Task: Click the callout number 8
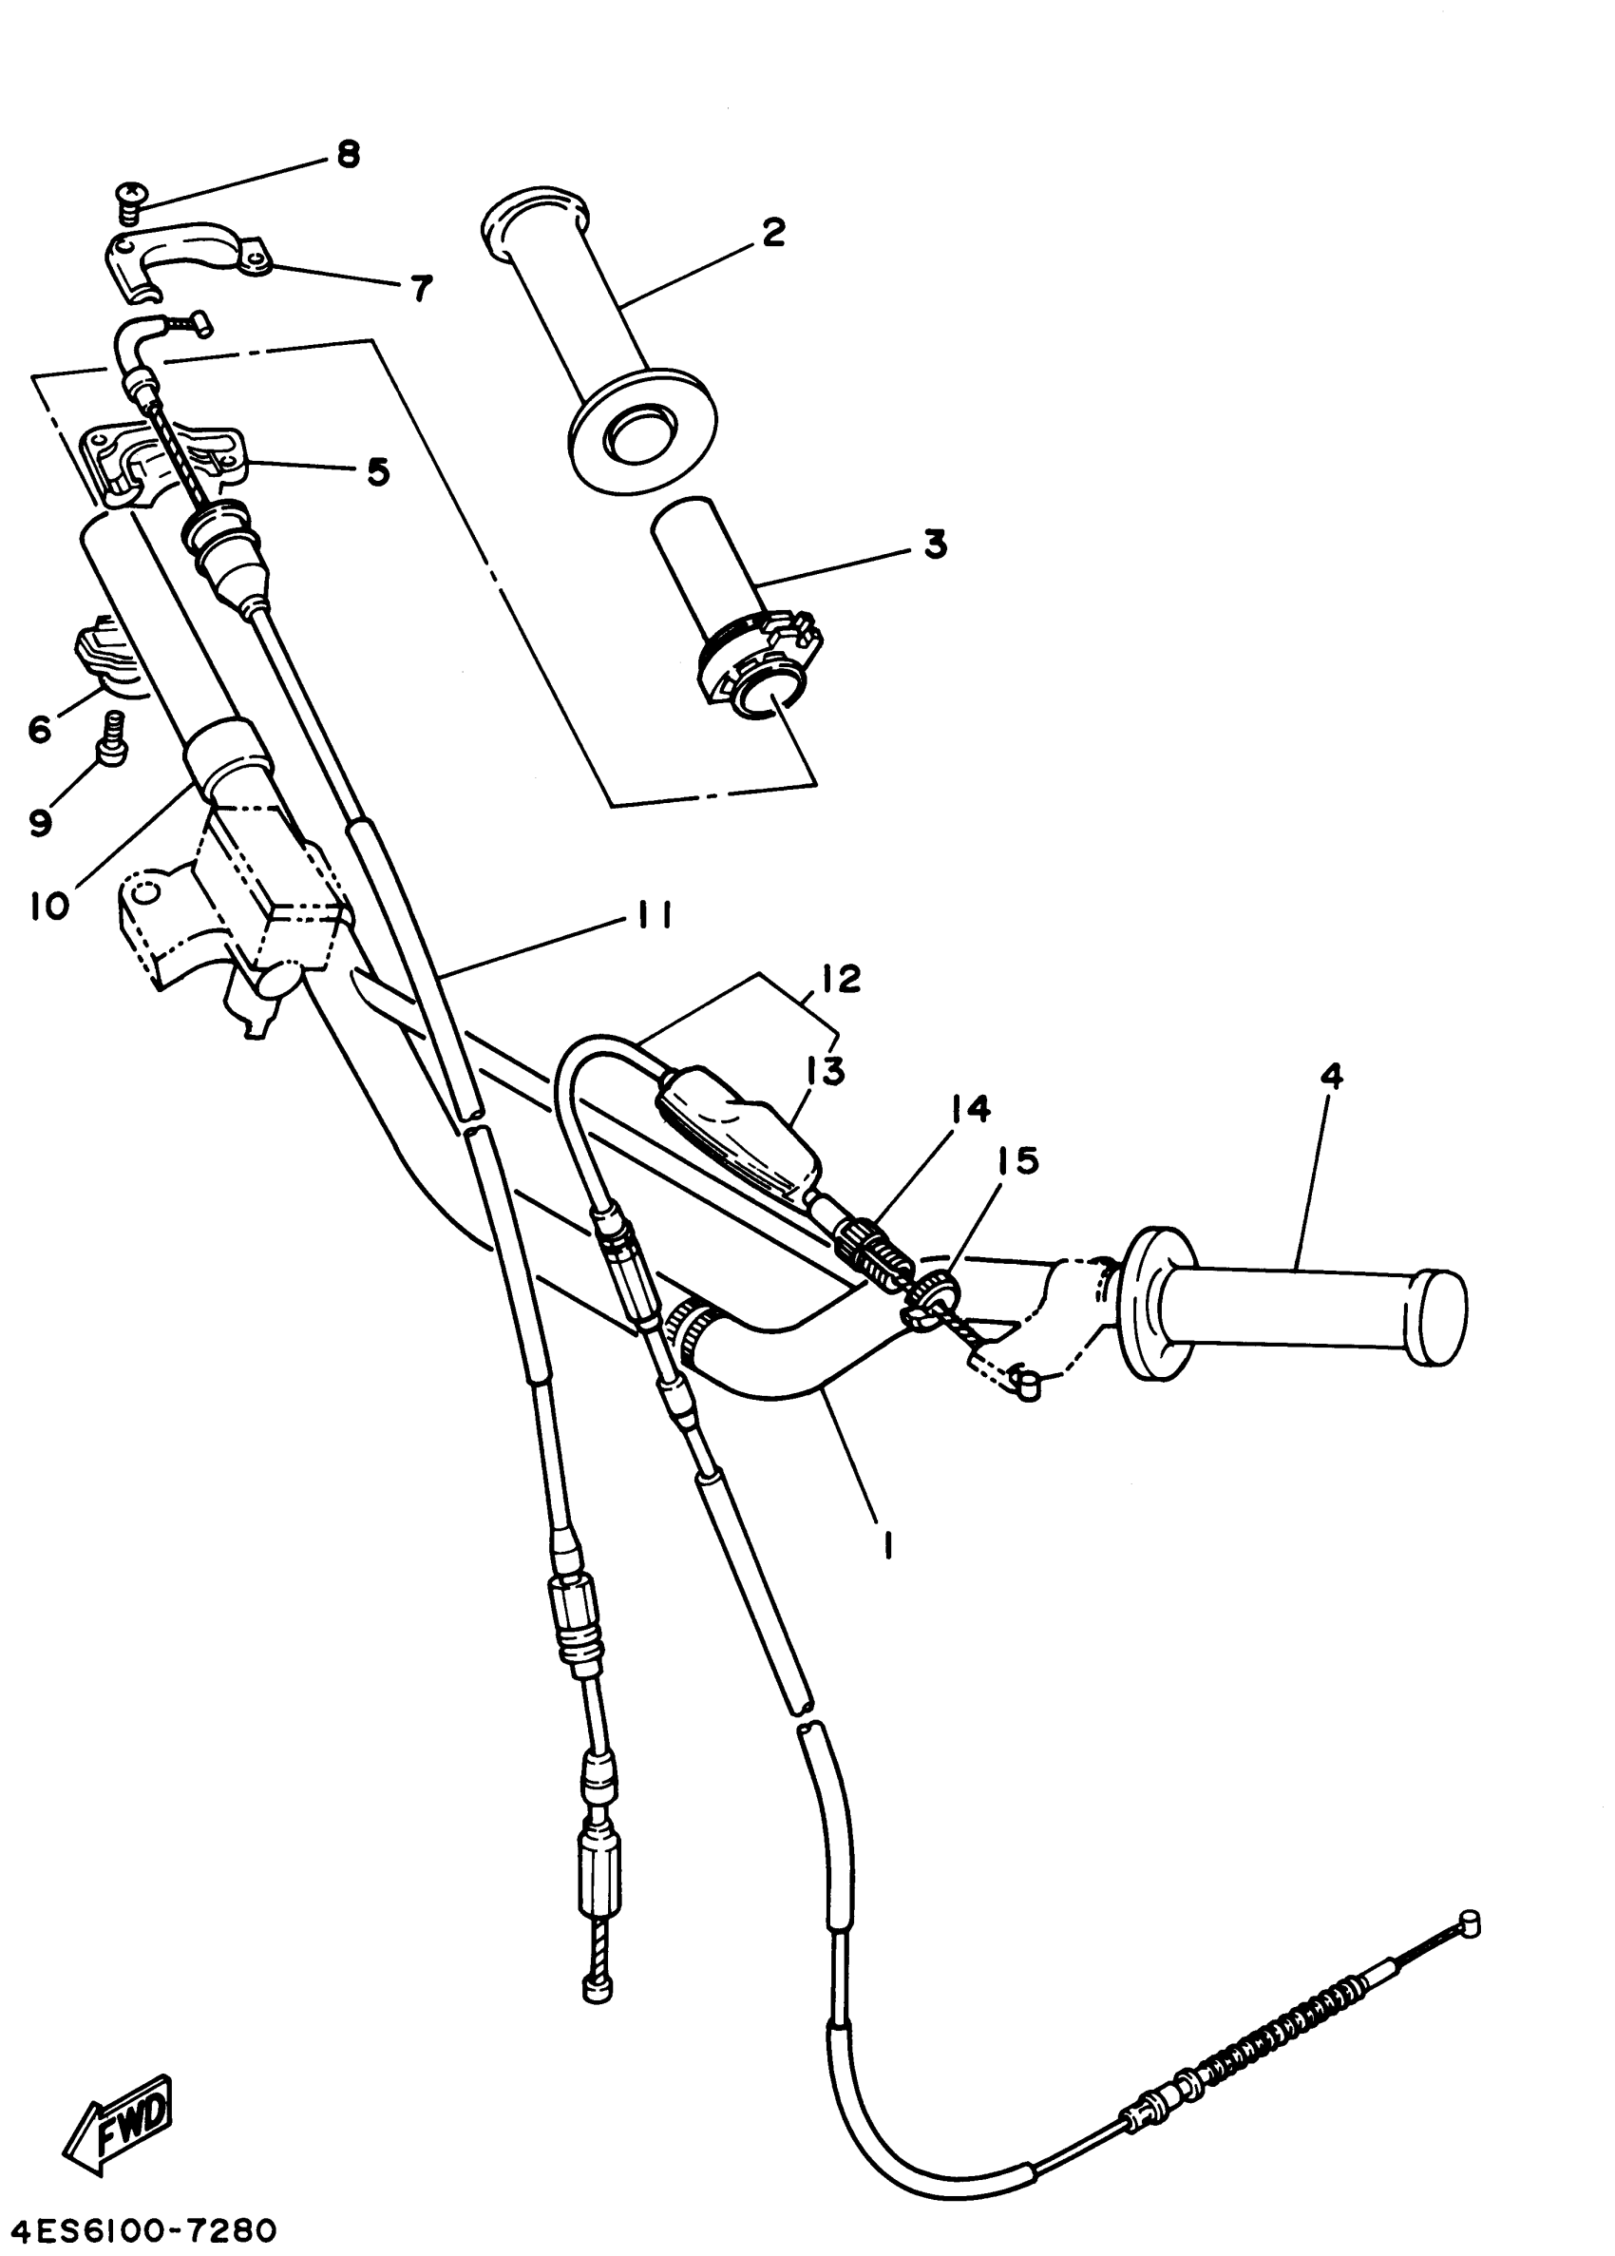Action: (347, 155)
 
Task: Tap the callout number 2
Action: (771, 232)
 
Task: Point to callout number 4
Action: (1332, 1077)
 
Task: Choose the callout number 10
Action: (49, 907)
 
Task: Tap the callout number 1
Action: (887, 1546)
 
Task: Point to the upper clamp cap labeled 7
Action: (189, 257)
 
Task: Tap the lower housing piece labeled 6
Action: (104, 652)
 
